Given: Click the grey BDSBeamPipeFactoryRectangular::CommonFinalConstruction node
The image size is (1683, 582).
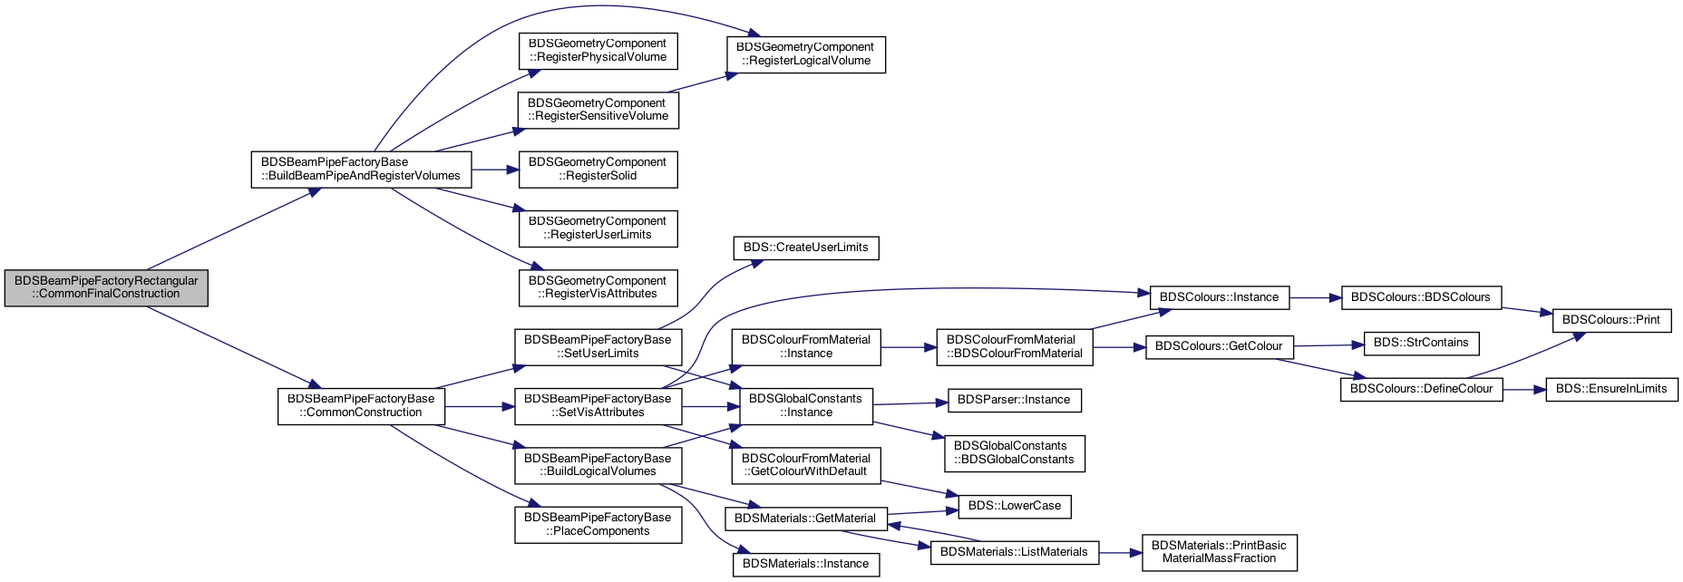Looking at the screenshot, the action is click(x=106, y=287).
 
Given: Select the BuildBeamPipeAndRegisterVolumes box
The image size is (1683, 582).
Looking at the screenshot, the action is click(x=361, y=170).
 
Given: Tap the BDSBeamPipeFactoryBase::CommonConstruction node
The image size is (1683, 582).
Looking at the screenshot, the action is click(x=361, y=406).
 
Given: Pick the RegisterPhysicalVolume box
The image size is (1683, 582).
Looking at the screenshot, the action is click(x=598, y=51).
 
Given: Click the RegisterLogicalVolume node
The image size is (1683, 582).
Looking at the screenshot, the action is click(x=805, y=54).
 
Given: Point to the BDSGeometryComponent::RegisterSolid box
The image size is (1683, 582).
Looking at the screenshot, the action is click(x=598, y=170).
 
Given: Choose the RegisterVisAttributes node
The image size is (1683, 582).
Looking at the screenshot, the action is click(x=598, y=287).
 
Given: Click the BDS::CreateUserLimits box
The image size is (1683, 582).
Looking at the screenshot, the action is click(x=805, y=247).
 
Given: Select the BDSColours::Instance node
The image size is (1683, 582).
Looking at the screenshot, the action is click(x=1219, y=297).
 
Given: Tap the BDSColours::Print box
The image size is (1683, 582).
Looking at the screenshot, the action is click(x=1611, y=320).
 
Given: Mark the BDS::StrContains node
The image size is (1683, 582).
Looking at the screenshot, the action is click(x=1421, y=343).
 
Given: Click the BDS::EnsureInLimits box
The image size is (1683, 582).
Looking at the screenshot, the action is click(x=1611, y=389).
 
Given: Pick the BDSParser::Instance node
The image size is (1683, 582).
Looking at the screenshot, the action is click(x=1014, y=400).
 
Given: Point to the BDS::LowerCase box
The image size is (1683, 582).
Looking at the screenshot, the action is click(x=1014, y=506).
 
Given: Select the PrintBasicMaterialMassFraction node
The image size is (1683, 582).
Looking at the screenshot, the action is click(x=1219, y=552).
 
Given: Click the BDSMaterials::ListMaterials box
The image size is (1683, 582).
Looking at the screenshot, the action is click(x=1014, y=552).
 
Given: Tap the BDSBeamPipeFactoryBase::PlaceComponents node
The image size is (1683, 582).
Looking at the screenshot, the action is click(x=598, y=524).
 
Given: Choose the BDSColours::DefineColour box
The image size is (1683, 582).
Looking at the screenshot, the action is click(x=1421, y=389).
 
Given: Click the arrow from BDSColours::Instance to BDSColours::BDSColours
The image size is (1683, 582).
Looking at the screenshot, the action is click(x=1315, y=297).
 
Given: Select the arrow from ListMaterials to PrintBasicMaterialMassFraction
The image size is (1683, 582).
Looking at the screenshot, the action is click(x=1120, y=552).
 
